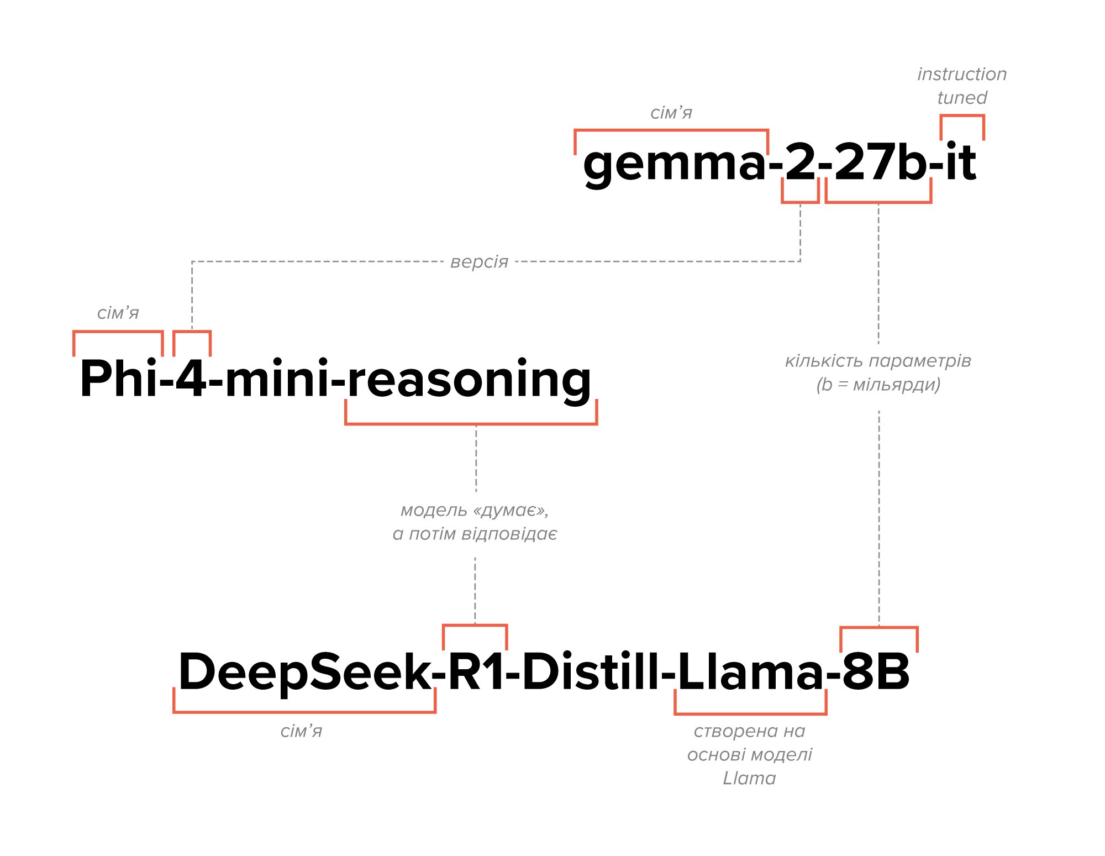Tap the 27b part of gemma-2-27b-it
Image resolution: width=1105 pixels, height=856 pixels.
pyautogui.click(x=878, y=162)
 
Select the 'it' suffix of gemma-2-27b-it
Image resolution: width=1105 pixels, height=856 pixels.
pyautogui.click(x=961, y=162)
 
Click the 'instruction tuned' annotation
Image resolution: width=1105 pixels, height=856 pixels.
pyautogui.click(x=962, y=86)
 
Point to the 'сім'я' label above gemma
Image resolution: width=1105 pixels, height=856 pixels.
pyautogui.click(x=671, y=113)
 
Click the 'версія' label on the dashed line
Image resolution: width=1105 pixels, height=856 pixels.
pyautogui.click(x=479, y=261)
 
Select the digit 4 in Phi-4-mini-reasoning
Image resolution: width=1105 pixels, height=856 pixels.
pyautogui.click(x=191, y=379)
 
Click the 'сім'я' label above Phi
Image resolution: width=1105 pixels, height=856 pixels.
pyautogui.click(x=118, y=313)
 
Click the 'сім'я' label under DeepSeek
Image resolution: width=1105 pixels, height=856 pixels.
pyautogui.click(x=301, y=731)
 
